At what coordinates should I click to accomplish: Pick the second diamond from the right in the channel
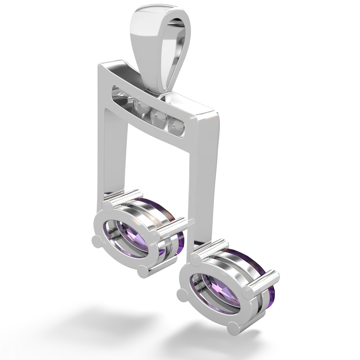157,116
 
